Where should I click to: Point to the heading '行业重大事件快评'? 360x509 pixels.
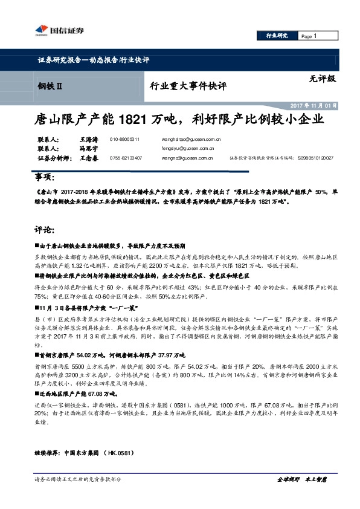point(188,86)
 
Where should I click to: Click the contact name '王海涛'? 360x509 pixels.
point(88,139)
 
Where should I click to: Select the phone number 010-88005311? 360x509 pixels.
point(125,140)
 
